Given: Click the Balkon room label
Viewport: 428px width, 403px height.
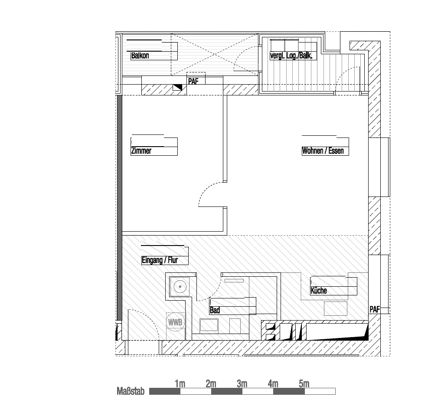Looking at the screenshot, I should click(140, 56).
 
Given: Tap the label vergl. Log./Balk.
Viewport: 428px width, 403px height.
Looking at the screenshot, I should click(291, 56).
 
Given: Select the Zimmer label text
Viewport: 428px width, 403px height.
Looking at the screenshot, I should click(141, 151).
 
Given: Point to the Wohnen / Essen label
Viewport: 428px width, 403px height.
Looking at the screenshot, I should click(323, 151).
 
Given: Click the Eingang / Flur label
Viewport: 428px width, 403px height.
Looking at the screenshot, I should click(160, 260).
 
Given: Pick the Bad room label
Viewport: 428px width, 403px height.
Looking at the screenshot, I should click(215, 311).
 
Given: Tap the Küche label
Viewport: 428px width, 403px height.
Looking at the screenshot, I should click(319, 291).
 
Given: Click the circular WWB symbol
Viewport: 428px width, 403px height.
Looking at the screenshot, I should click(176, 322).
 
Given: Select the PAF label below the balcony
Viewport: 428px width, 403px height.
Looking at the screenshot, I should click(193, 81).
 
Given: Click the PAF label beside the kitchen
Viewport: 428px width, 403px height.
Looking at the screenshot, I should click(374, 309).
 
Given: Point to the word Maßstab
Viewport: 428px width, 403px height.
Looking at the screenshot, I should click(131, 392).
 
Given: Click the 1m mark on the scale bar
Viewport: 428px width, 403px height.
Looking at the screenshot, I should click(180, 384).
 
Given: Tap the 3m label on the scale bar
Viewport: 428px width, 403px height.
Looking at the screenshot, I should click(242, 384).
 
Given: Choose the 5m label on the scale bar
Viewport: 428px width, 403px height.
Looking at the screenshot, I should click(304, 384).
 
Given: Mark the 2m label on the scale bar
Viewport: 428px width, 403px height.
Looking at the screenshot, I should click(211, 384).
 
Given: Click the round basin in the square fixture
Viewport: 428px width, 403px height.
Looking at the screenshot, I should click(179, 287).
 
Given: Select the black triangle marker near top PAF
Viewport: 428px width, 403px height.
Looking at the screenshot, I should click(178, 88).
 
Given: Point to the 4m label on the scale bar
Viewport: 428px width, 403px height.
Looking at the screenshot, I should click(273, 384).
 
